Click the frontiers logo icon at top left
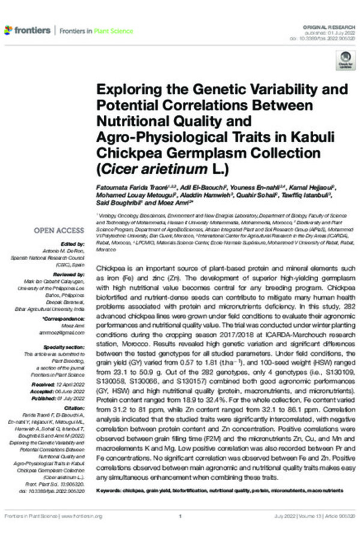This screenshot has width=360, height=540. point(8,29)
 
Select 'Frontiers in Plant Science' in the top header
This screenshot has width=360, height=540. point(96,30)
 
